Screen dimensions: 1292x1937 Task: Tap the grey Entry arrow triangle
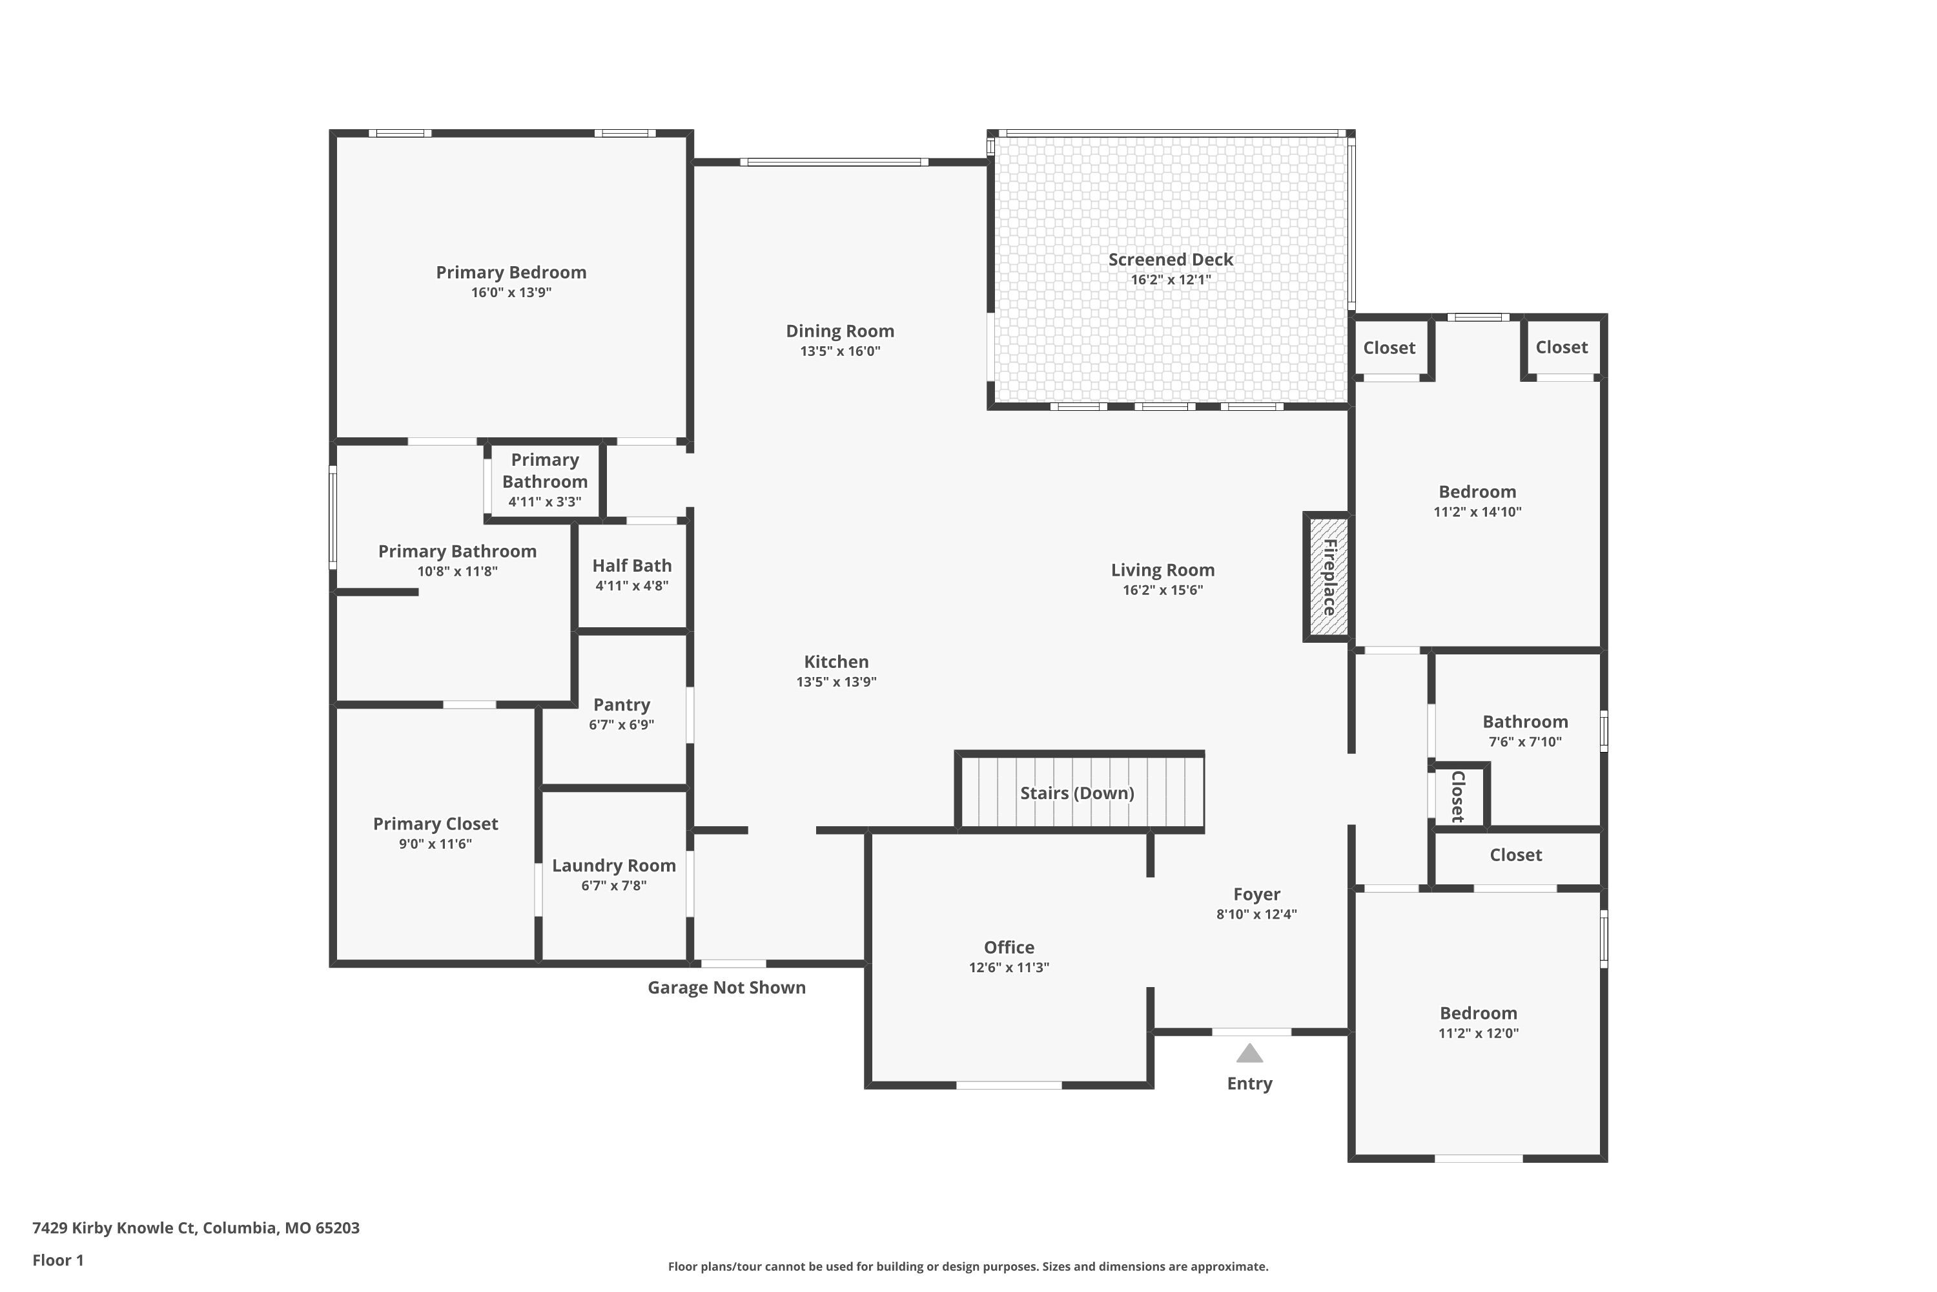pos(1249,1054)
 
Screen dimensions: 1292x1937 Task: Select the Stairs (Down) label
pos(1077,793)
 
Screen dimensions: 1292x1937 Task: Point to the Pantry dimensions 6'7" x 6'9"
pos(621,725)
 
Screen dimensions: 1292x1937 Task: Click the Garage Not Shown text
pos(726,987)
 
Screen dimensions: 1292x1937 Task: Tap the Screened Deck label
pos(1170,260)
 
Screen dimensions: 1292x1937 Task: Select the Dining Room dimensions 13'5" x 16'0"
pos(840,351)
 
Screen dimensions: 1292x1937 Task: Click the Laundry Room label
pos(613,865)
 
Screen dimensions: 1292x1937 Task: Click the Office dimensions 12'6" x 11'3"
pos(1009,967)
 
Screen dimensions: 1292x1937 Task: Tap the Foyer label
pos(1256,894)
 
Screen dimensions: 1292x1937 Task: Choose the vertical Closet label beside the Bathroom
pos(1457,796)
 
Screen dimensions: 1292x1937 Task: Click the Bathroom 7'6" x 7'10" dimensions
pos(1525,742)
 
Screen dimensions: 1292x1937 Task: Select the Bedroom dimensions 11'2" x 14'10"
pos(1477,512)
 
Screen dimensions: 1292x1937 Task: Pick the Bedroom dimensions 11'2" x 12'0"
pos(1479,1033)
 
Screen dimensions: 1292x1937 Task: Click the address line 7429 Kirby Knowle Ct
pos(196,1228)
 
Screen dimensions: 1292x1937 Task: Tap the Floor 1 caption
pos(57,1260)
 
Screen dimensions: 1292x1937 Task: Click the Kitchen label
pos(836,662)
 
